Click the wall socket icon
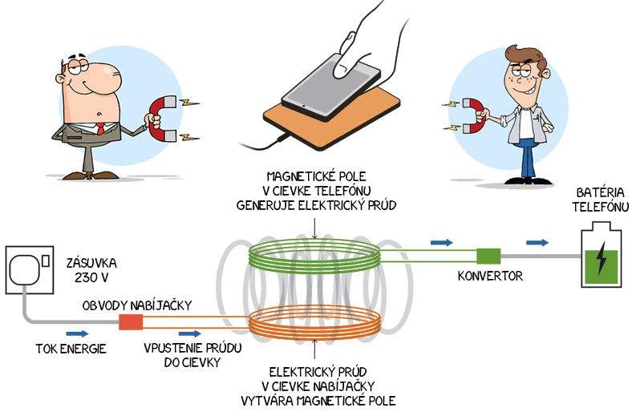(30, 269)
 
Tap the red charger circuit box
(130, 321)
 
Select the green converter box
(488, 256)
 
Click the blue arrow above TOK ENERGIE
(78, 333)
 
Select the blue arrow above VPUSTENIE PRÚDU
(190, 333)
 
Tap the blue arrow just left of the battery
(537, 242)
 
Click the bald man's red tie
(101, 128)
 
